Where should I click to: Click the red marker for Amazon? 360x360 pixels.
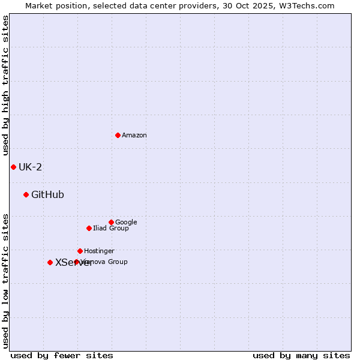tap(118, 135)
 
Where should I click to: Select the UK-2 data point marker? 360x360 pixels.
tap(13, 167)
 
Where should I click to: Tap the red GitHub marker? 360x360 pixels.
tap(26, 194)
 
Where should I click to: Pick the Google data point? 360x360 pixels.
tap(111, 222)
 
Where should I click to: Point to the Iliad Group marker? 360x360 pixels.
tap(89, 228)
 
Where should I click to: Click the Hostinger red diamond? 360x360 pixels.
tap(80, 251)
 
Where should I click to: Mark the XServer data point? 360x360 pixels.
tap(50, 262)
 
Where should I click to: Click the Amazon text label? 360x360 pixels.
tap(134, 136)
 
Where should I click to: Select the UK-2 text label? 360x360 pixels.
tap(30, 167)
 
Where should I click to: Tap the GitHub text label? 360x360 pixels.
tap(47, 194)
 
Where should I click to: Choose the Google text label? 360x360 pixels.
tap(126, 222)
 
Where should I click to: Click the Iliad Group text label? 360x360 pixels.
tap(111, 228)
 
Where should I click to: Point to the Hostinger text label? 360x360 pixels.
tap(99, 251)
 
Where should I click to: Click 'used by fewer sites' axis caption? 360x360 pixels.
tap(62, 355)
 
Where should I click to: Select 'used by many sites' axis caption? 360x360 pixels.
tap(301, 355)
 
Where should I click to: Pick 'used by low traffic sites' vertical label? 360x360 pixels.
tap(5, 280)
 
